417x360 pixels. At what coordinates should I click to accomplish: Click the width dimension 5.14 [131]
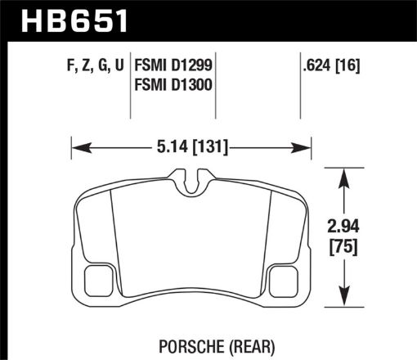tap(190, 148)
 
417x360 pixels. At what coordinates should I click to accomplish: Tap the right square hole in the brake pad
tap(280, 281)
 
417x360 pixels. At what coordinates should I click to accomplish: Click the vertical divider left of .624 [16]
tap(297, 82)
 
